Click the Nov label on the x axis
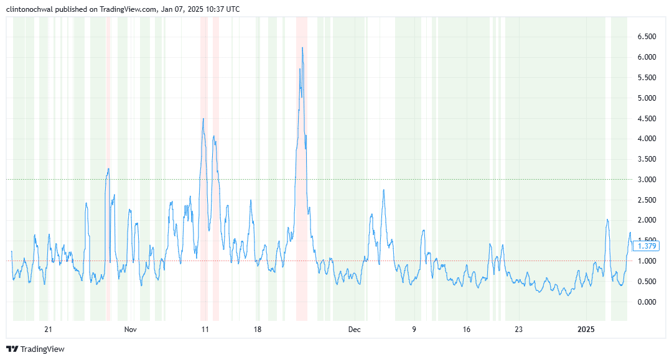click(129, 329)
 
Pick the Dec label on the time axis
click(353, 329)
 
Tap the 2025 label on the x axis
click(587, 329)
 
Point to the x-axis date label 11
click(205, 329)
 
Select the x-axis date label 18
click(258, 329)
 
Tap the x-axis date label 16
click(467, 329)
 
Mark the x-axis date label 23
click(519, 329)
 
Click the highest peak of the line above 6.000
click(302, 48)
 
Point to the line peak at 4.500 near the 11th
click(203, 119)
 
